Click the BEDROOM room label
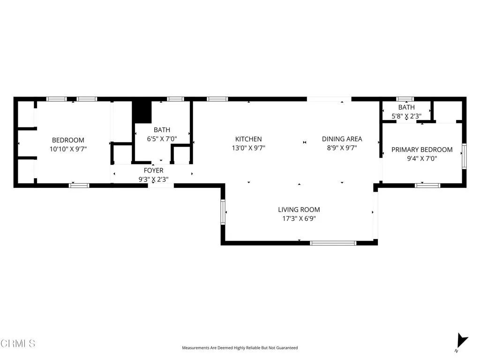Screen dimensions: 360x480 68,140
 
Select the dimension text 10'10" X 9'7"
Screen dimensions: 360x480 68,149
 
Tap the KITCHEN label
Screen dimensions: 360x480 248,139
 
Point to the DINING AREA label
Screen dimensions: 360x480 342,139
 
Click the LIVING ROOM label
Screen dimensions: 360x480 299,210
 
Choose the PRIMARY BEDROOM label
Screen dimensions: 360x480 422,150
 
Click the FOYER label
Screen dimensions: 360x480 153,171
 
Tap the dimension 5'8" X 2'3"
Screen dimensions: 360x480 406,116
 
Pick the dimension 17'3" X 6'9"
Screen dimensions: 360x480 299,218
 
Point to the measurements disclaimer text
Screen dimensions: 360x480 240,348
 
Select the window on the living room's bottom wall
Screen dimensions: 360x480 333,243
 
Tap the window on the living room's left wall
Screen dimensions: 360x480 223,212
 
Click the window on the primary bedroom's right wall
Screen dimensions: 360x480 464,156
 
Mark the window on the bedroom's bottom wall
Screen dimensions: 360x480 79,186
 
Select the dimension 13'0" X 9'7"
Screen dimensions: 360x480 248,148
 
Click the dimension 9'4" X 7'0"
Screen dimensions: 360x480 422,158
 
